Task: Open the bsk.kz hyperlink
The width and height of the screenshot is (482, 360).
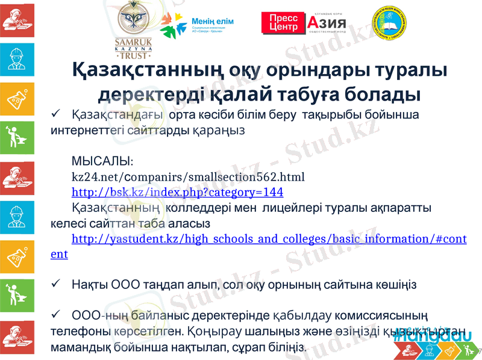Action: (x=177, y=192)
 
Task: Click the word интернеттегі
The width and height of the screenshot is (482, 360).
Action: (x=89, y=129)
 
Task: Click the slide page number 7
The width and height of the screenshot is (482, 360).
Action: (x=478, y=351)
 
